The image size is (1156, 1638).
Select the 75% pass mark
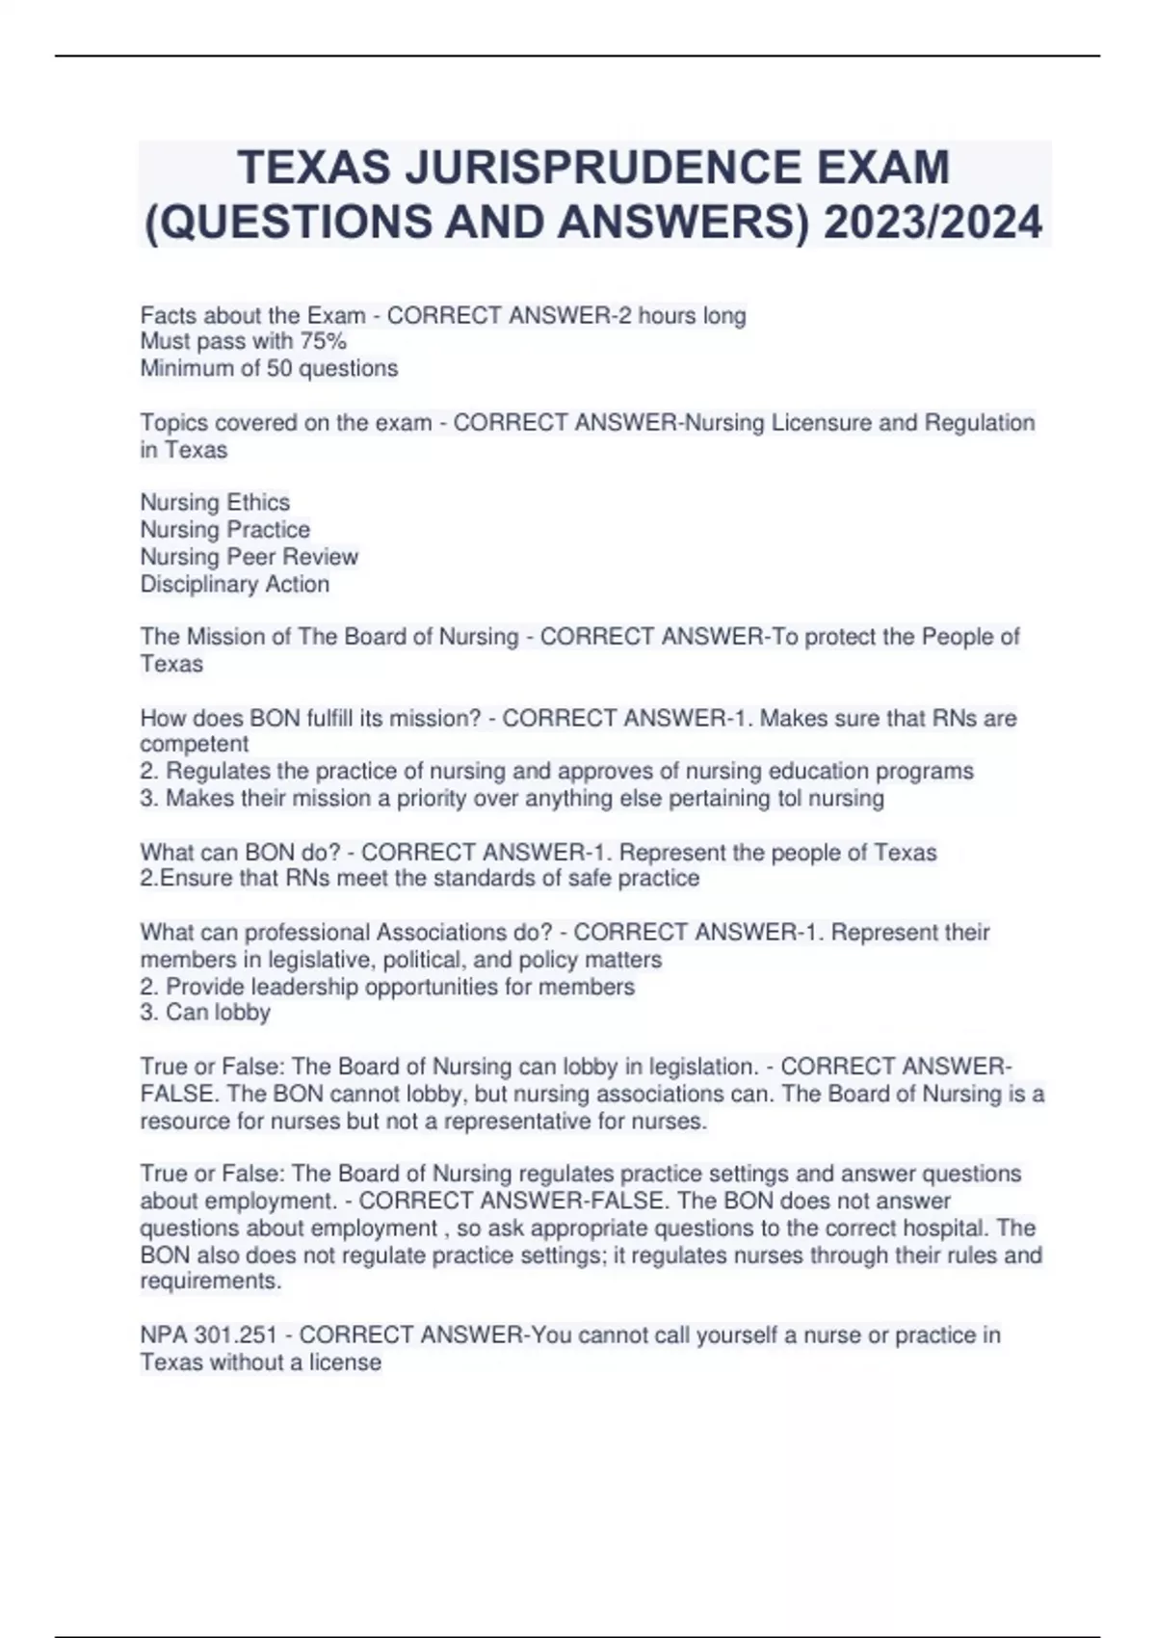pyautogui.click(x=324, y=341)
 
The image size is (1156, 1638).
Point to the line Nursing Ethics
pyautogui.click(x=215, y=502)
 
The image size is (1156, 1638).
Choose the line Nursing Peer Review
pyautogui.click(x=249, y=557)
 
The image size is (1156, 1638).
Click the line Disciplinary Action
pyautogui.click(x=235, y=584)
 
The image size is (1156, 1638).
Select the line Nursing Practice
pyautogui.click(x=225, y=529)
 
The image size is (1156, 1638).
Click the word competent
pyautogui.click(x=194, y=744)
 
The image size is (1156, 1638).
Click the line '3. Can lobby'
pyautogui.click(x=205, y=1012)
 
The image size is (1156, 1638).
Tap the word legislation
pyautogui.click(x=702, y=1067)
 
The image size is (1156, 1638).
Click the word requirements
pyautogui.click(x=211, y=1281)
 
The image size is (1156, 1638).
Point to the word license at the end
pyautogui.click(x=345, y=1362)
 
